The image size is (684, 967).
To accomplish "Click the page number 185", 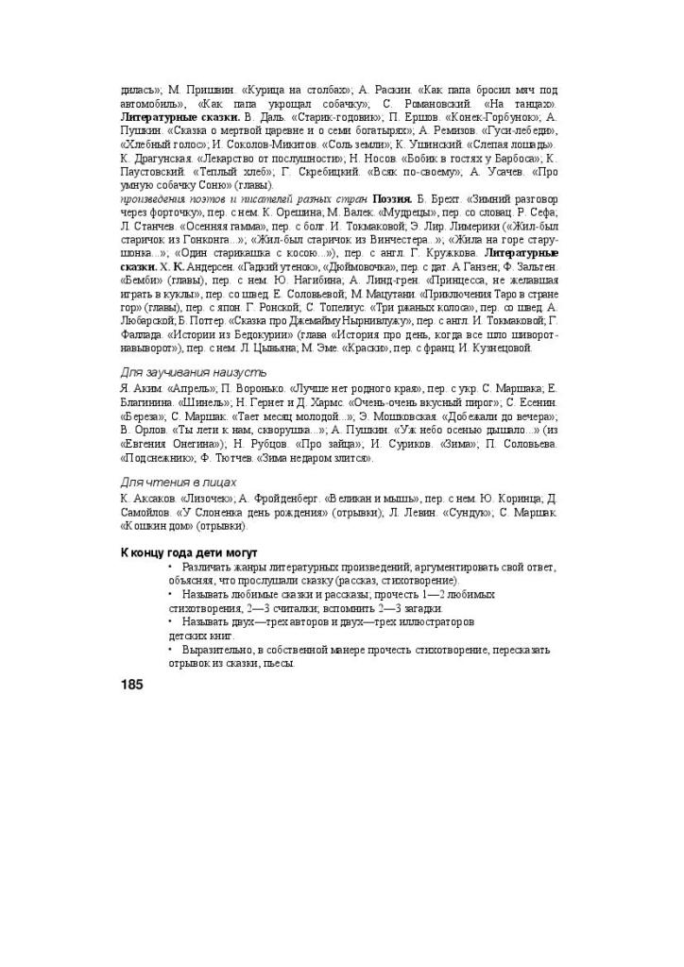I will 132,684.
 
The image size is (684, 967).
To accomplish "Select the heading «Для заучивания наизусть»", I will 180,372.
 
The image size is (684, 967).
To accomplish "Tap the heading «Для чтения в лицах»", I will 168,482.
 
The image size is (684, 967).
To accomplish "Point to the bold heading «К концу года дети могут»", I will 189,551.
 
